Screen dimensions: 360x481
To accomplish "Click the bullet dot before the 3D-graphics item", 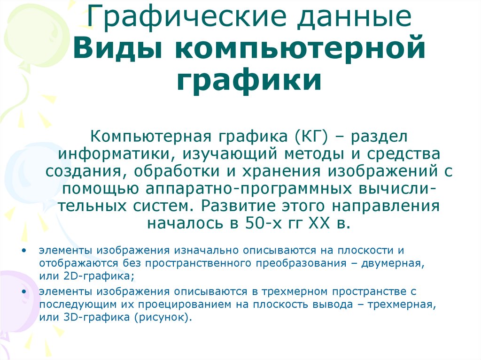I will click(x=24, y=292).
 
